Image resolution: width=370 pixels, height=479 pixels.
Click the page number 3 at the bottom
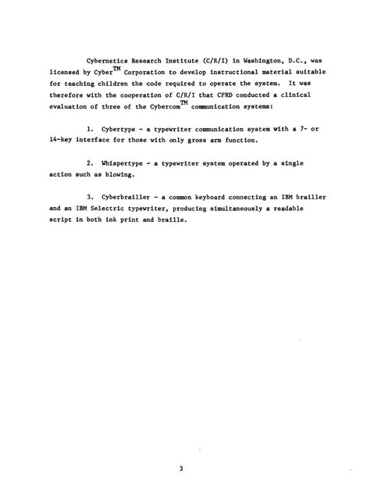tap(180, 445)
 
